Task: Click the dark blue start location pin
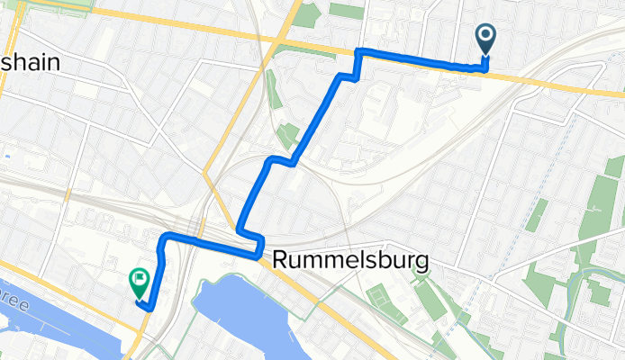pos(485,37)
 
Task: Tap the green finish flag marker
pos(140,282)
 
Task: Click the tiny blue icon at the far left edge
pos(6,155)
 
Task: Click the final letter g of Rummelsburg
pos(421,262)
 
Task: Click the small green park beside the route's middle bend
pos(287,136)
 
